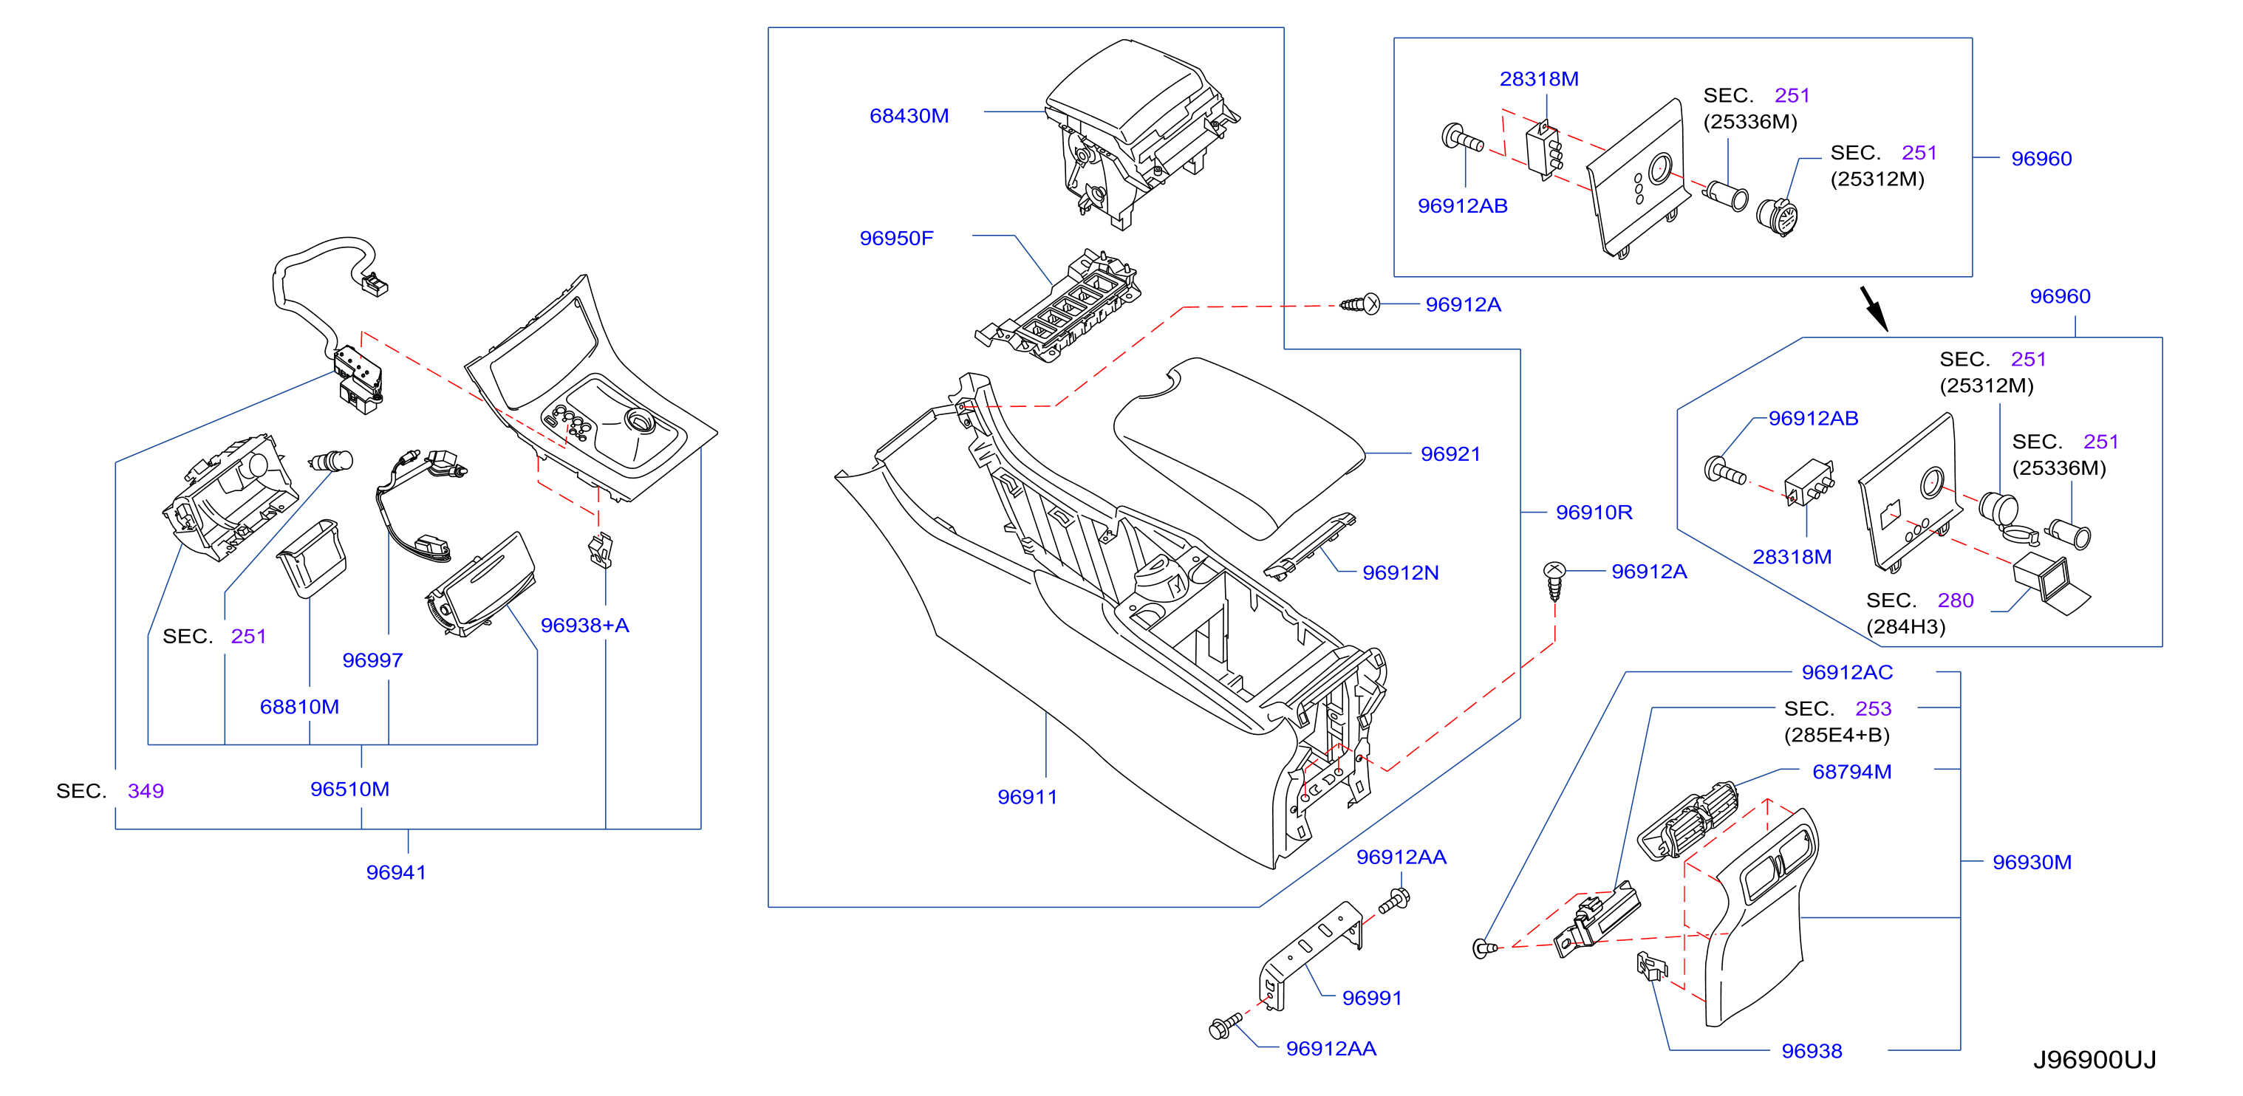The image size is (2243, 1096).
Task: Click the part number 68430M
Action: click(x=908, y=116)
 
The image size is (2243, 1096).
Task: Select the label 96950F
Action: click(x=896, y=239)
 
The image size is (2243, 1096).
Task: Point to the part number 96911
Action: click(x=1027, y=797)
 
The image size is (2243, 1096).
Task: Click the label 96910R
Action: click(x=1594, y=512)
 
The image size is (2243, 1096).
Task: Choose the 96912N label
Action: click(x=1400, y=573)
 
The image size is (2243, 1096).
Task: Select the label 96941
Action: click(x=396, y=872)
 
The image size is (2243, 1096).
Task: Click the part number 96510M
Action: click(x=349, y=789)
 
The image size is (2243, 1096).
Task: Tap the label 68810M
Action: click(x=298, y=707)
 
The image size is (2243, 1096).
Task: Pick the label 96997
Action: click(x=372, y=660)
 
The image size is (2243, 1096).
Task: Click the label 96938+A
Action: click(x=584, y=625)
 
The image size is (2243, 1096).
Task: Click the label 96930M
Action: click(x=2032, y=862)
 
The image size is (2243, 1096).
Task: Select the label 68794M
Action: click(x=1851, y=771)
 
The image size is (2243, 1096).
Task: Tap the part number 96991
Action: click(x=1371, y=998)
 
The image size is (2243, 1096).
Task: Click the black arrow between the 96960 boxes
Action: click(x=1874, y=309)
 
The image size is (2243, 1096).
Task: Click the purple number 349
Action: click(x=146, y=790)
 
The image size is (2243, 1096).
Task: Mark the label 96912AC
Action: click(x=1847, y=672)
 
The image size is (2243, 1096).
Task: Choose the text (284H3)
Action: click(x=1905, y=627)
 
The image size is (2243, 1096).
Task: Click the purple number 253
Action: click(x=1873, y=708)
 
